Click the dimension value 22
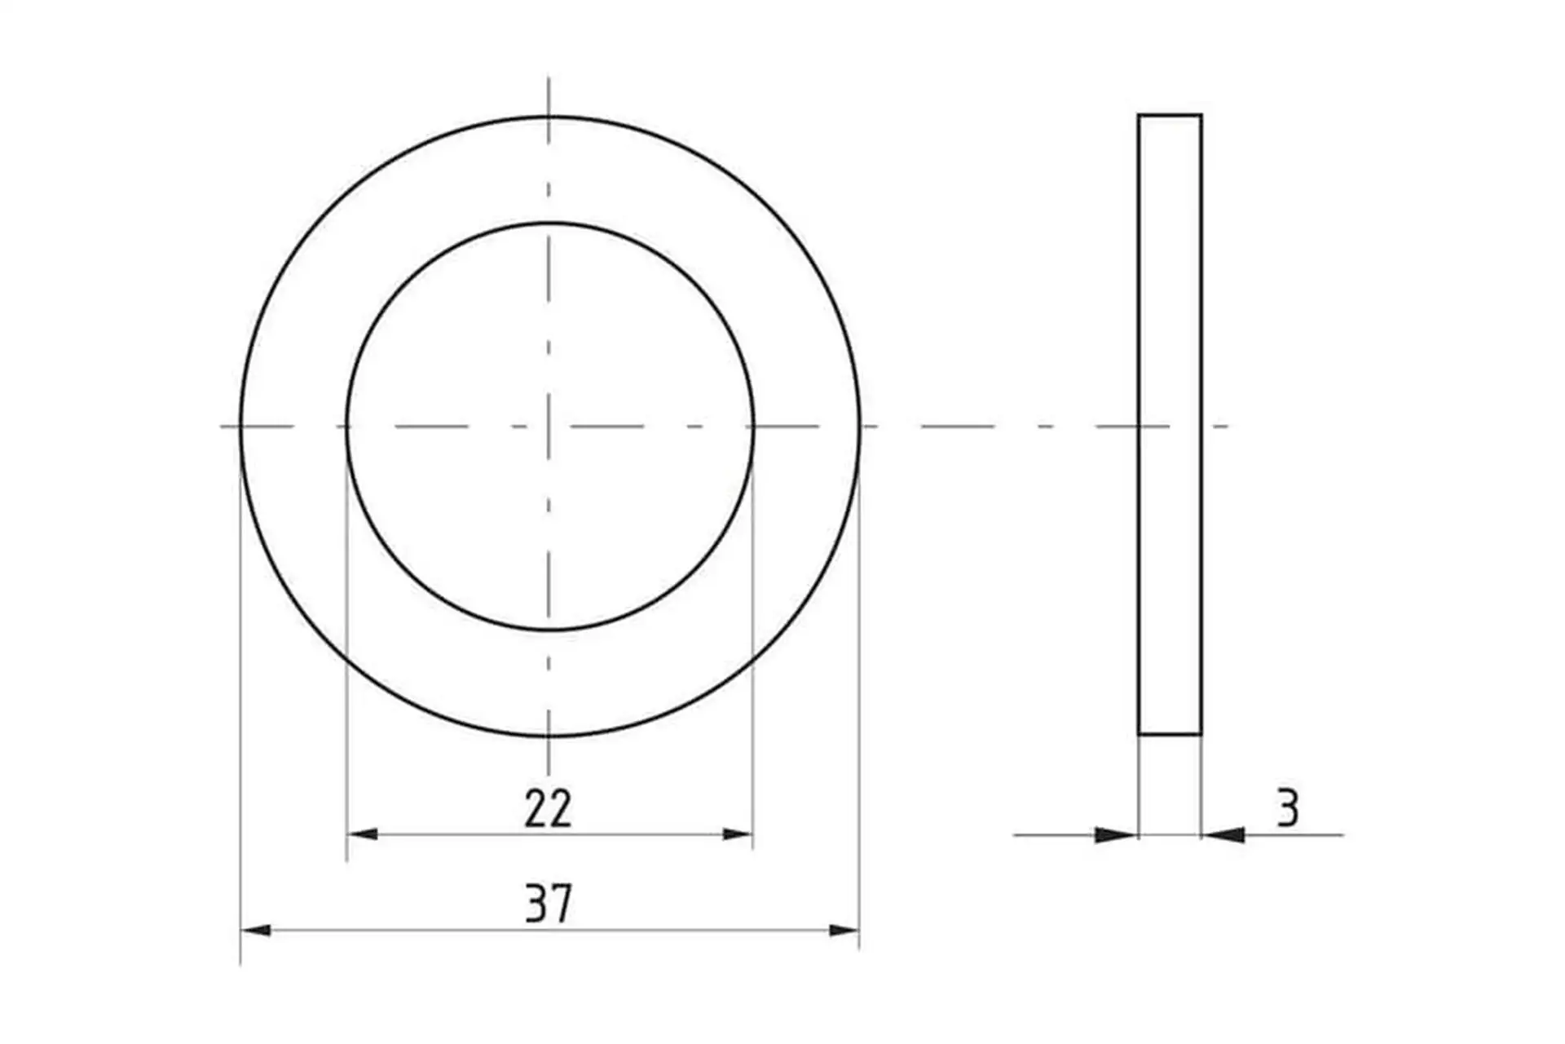548,808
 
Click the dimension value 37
549,903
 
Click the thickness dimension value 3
1287,808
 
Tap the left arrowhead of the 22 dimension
363,834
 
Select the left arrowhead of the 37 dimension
256,930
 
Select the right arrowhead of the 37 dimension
844,930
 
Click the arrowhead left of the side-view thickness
1116,834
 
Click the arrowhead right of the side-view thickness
1223,834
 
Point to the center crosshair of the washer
549,426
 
